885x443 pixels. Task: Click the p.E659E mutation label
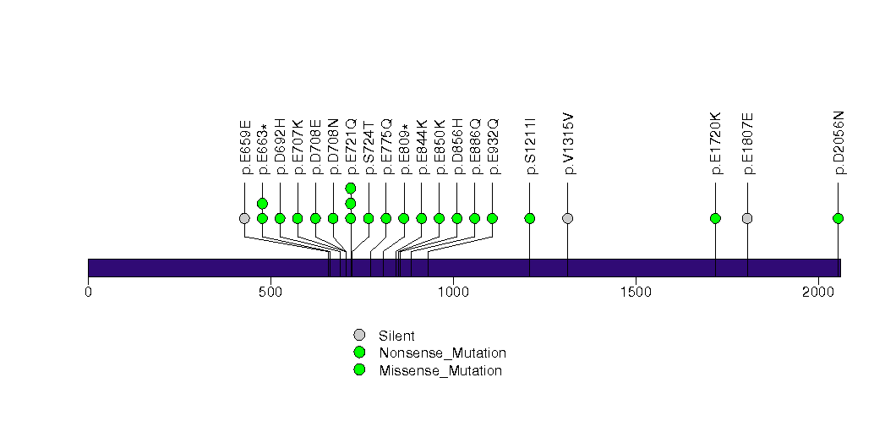click(245, 147)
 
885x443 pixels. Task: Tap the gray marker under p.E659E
click(244, 218)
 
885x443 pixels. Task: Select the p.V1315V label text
click(568, 144)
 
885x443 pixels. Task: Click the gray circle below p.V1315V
click(567, 218)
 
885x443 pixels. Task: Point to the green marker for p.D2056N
click(838, 218)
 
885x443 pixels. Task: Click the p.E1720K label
click(716, 144)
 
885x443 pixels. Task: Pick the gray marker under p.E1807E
click(747, 218)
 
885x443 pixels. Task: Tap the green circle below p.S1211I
click(530, 218)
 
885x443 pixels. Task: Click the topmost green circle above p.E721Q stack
click(351, 188)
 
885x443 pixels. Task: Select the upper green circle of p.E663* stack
click(262, 203)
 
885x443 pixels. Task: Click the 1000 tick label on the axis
click(453, 292)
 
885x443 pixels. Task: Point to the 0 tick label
click(88, 292)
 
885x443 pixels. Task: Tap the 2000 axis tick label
click(817, 292)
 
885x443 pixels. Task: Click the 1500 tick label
click(635, 292)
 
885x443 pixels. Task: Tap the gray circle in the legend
click(359, 335)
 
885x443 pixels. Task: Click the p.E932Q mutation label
click(494, 147)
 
